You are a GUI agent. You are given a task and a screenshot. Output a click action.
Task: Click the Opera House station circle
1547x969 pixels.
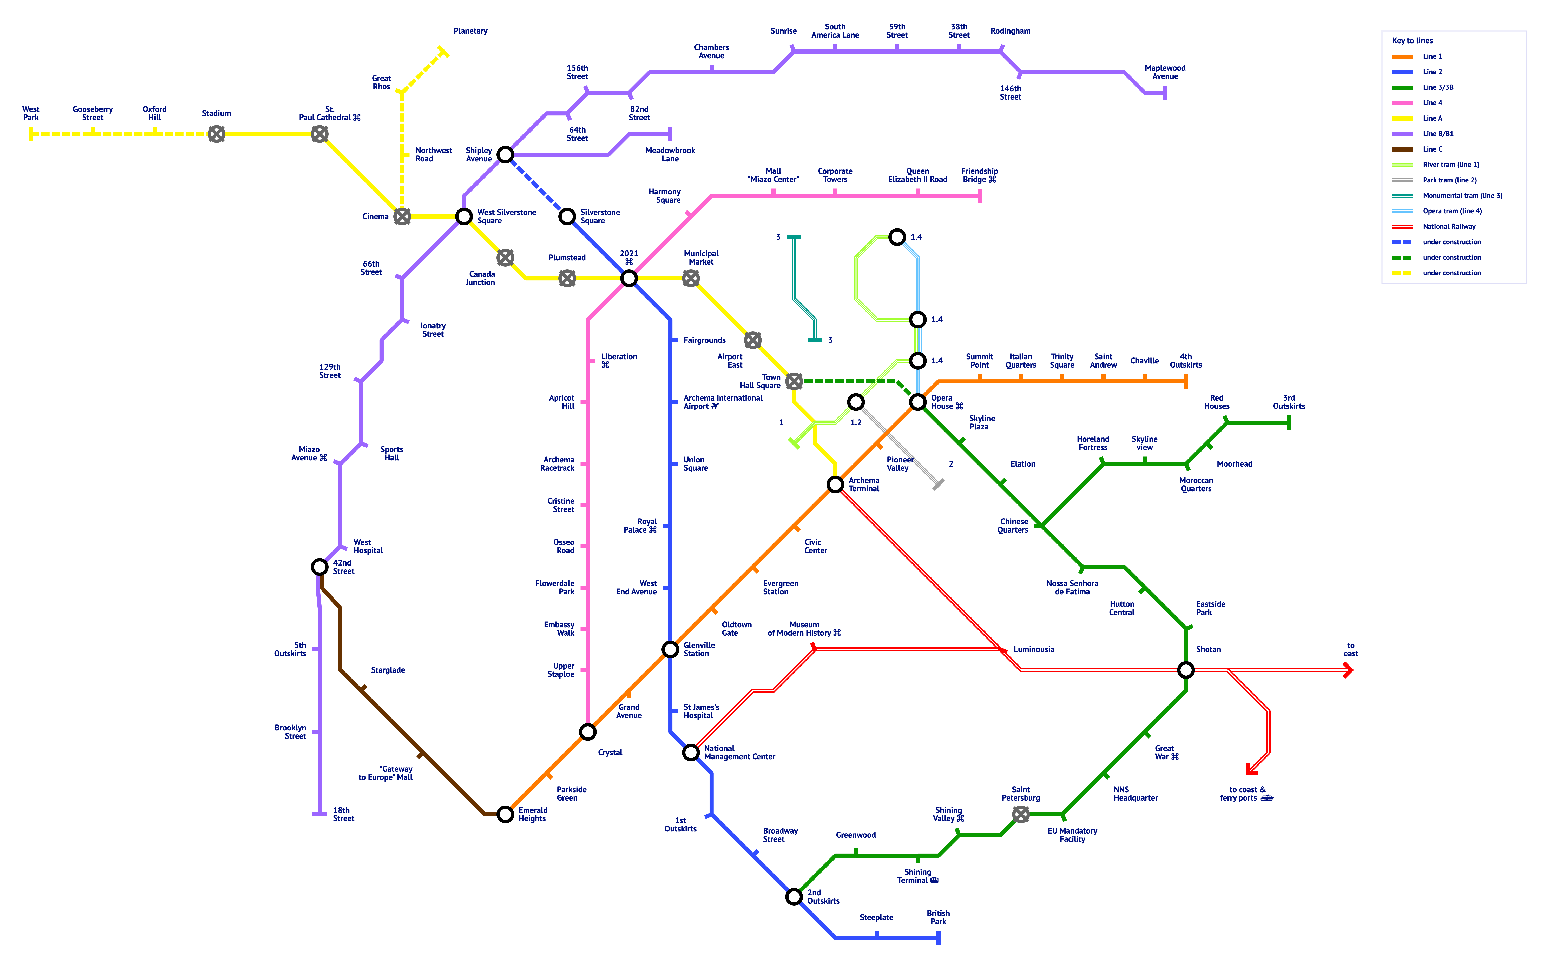(917, 402)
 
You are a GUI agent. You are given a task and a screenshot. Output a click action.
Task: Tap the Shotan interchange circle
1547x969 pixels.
(1185, 670)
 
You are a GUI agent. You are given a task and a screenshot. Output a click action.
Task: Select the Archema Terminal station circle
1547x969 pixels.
(835, 484)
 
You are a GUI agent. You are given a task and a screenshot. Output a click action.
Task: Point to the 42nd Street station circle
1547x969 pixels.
(319, 567)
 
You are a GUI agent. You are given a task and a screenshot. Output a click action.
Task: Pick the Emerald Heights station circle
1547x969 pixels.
(505, 814)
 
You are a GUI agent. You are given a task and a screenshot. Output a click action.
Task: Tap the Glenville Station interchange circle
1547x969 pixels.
(670, 649)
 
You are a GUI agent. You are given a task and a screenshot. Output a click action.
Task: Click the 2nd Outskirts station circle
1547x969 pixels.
(794, 897)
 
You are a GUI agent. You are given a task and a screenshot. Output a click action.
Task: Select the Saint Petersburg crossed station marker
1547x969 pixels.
(1021, 814)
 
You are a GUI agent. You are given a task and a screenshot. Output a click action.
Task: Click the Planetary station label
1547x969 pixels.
(470, 31)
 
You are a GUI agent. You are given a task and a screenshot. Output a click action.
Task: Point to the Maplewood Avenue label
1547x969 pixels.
(1165, 72)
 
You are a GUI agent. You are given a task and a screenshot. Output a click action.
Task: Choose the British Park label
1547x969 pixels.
(938, 917)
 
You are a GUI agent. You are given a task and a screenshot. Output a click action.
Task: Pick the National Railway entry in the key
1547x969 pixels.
(1449, 226)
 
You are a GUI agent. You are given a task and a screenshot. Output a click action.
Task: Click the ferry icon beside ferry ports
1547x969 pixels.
(1266, 798)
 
